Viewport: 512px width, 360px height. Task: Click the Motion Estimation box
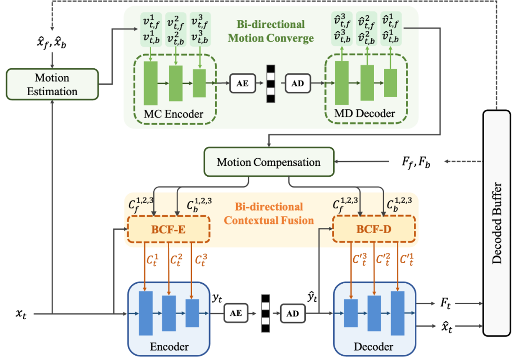(52, 84)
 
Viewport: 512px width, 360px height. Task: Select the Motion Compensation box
(268, 162)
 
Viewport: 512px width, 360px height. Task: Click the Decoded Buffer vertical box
(496, 223)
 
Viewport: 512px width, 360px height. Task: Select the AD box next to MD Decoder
(298, 84)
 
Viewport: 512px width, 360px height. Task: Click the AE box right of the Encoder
(236, 313)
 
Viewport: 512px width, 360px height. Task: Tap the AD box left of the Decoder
(293, 313)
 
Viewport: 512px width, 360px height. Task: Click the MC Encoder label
(174, 114)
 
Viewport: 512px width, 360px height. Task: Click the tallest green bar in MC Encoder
(150, 83)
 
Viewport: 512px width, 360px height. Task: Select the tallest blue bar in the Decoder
(397, 313)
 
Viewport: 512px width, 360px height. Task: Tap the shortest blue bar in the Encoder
(192, 313)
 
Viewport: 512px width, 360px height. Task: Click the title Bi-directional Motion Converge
(271, 31)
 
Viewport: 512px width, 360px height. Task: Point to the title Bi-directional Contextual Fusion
(269, 214)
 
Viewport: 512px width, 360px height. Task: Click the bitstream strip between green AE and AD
(270, 84)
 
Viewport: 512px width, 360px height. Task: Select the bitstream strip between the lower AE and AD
(265, 313)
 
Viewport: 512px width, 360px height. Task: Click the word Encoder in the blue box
(169, 347)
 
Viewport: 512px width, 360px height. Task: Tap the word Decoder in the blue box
(374, 347)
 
